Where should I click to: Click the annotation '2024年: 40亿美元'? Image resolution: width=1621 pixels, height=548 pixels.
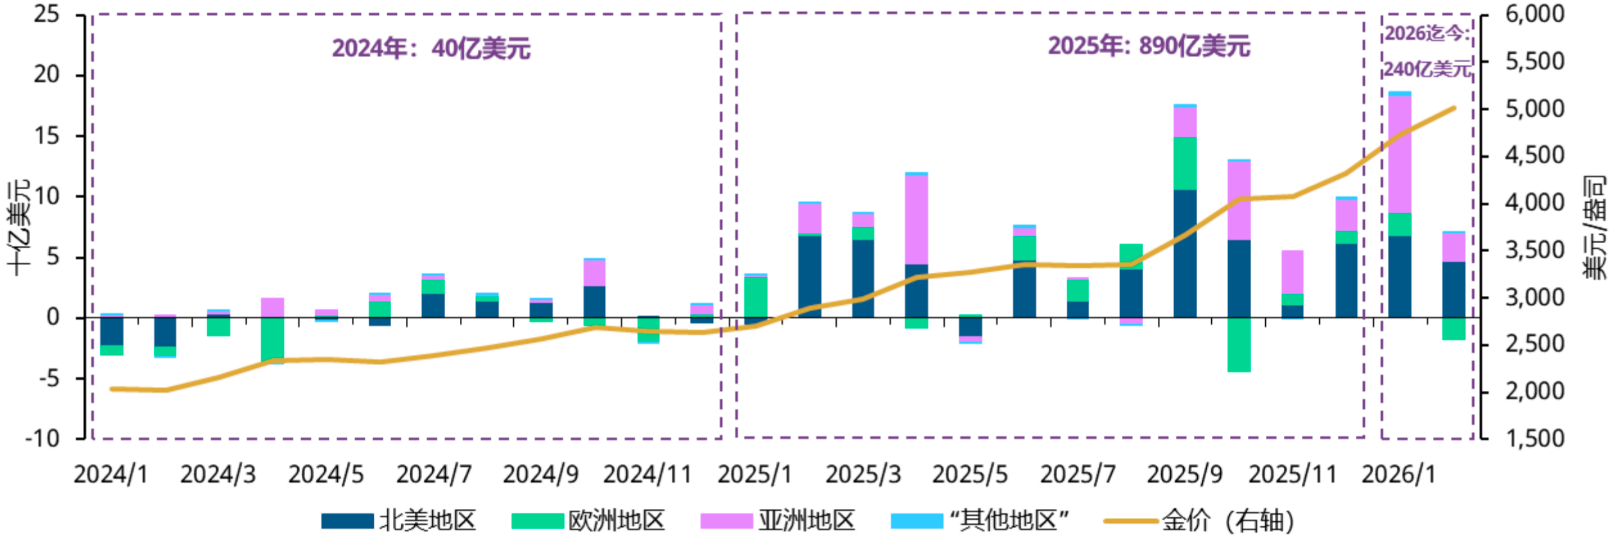pyautogui.click(x=431, y=48)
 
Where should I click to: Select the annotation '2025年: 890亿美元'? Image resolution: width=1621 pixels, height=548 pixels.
pyautogui.click(x=1149, y=46)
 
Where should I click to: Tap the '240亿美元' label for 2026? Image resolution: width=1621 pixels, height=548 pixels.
pyautogui.click(x=1427, y=69)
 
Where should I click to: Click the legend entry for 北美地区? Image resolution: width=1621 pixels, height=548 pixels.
pyautogui.click(x=399, y=520)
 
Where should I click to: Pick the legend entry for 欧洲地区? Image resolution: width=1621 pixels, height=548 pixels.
pyautogui.click(x=588, y=520)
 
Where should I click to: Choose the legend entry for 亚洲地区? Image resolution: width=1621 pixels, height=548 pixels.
pyautogui.click(x=778, y=520)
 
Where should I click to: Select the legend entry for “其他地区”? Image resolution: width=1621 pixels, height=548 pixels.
pyautogui.click(x=980, y=520)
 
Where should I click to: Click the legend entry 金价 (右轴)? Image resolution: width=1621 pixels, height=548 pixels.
pyautogui.click(x=1198, y=520)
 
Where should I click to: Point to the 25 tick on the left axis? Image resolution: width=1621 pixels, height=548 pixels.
pyautogui.click(x=46, y=14)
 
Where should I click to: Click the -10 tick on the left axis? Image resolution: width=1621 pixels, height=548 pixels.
pyautogui.click(x=42, y=439)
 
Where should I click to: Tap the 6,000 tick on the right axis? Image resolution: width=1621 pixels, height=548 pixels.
pyautogui.click(x=1535, y=14)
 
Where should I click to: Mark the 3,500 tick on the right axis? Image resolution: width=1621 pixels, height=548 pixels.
pyautogui.click(x=1535, y=250)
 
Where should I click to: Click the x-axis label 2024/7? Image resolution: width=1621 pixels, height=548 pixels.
pyautogui.click(x=434, y=475)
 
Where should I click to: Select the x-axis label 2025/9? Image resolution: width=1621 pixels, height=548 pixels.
pyautogui.click(x=1185, y=475)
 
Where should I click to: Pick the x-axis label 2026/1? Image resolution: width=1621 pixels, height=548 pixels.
pyautogui.click(x=1398, y=475)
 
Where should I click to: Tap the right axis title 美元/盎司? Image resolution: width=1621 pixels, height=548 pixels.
pyautogui.click(x=1594, y=228)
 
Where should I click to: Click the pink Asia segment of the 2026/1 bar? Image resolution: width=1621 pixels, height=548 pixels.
pyautogui.click(x=1399, y=154)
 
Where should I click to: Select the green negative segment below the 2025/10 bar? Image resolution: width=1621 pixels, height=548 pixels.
pyautogui.click(x=1239, y=345)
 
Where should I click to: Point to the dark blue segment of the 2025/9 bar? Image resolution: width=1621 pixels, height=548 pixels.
pyautogui.click(x=1185, y=253)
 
